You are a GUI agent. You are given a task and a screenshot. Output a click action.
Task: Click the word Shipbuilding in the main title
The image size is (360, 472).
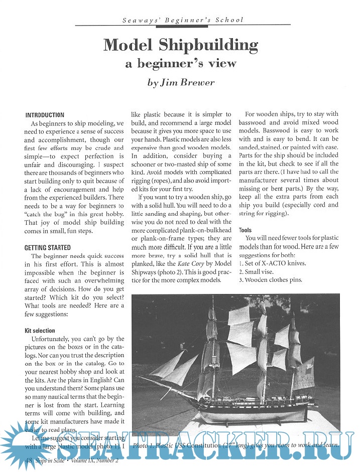pos(209,46)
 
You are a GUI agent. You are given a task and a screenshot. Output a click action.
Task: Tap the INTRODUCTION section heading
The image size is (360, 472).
pos(45,115)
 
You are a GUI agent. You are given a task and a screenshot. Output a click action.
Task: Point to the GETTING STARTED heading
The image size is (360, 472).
pos(48,248)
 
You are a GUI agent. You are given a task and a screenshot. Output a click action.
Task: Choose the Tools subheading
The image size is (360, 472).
pos(246,230)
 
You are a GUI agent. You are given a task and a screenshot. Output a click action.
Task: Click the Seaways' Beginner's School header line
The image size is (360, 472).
pos(183,20)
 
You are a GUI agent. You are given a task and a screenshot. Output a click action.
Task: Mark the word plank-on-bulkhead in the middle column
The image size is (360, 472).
pos(201,230)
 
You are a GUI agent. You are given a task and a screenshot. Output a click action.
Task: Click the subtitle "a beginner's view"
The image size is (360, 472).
pos(180,64)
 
